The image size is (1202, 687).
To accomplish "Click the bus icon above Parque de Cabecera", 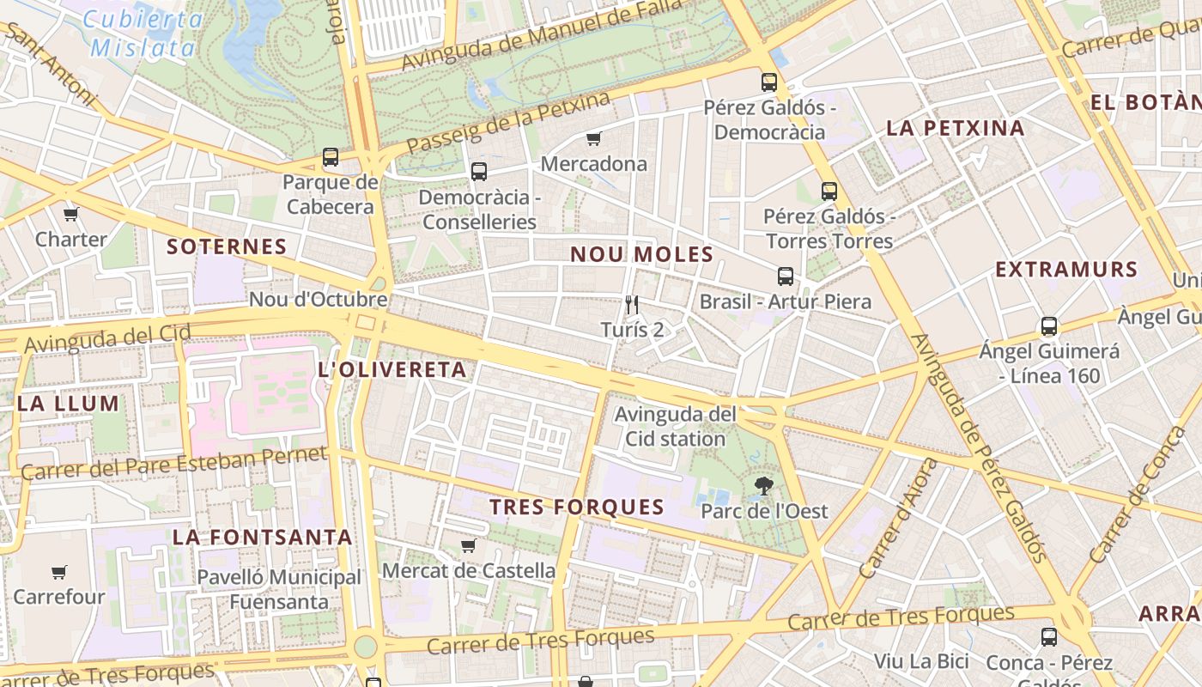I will click(331, 157).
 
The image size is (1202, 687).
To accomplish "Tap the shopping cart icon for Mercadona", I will click(593, 138).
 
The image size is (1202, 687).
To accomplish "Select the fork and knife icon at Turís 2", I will click(633, 304).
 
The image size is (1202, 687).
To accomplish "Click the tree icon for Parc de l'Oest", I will click(763, 486).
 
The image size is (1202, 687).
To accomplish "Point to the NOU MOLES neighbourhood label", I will click(642, 254).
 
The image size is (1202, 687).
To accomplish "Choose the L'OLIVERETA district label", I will click(392, 370).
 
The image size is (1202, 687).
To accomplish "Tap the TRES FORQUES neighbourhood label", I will click(577, 507).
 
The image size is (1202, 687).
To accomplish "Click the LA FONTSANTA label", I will click(262, 538).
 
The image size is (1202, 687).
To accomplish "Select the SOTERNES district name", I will click(227, 247).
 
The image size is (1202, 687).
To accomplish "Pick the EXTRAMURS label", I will click(1066, 270).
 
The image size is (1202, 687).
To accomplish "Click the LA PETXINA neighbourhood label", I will click(956, 129).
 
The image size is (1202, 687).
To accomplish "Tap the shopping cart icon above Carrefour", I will click(58, 572).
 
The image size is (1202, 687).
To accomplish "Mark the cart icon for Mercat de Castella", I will click(469, 545).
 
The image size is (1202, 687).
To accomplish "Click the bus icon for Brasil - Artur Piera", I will click(786, 277).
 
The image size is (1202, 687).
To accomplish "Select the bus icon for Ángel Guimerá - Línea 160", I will click(1049, 326).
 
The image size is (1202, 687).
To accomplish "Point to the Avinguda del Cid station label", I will click(675, 427).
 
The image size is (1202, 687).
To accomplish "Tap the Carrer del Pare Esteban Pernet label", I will click(173, 463).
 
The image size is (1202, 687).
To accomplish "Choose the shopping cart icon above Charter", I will click(70, 214).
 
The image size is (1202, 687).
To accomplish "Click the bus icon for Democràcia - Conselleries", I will click(479, 172).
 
